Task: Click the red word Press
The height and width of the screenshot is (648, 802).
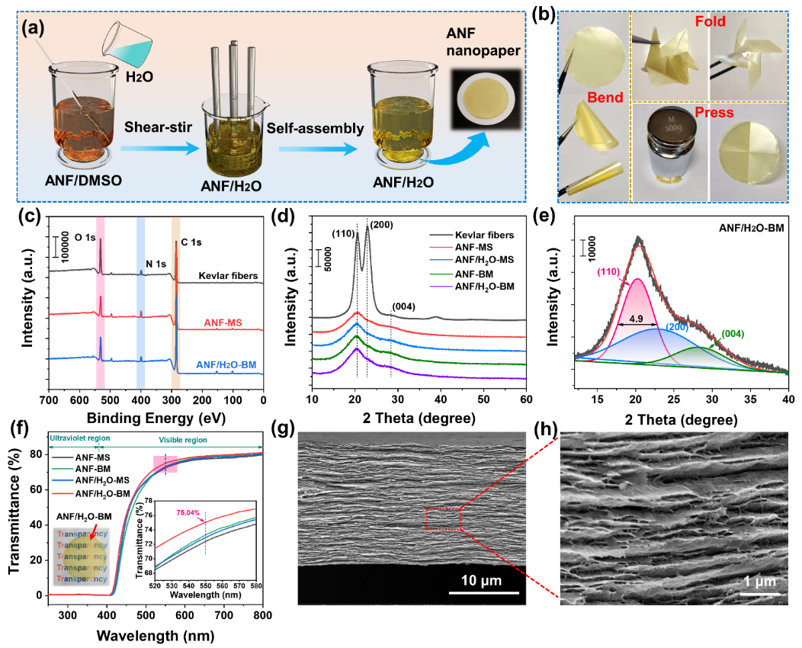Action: coord(709,114)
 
